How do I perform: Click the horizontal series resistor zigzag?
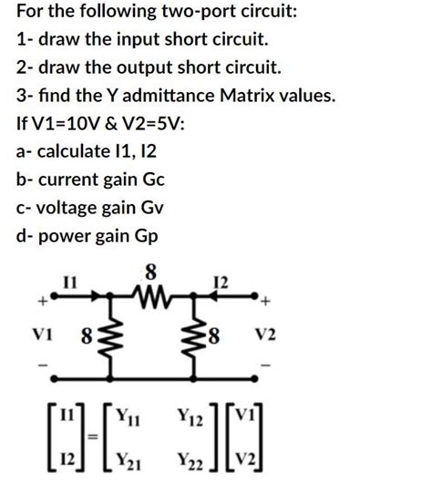tap(151, 293)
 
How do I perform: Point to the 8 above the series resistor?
tap(151, 271)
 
